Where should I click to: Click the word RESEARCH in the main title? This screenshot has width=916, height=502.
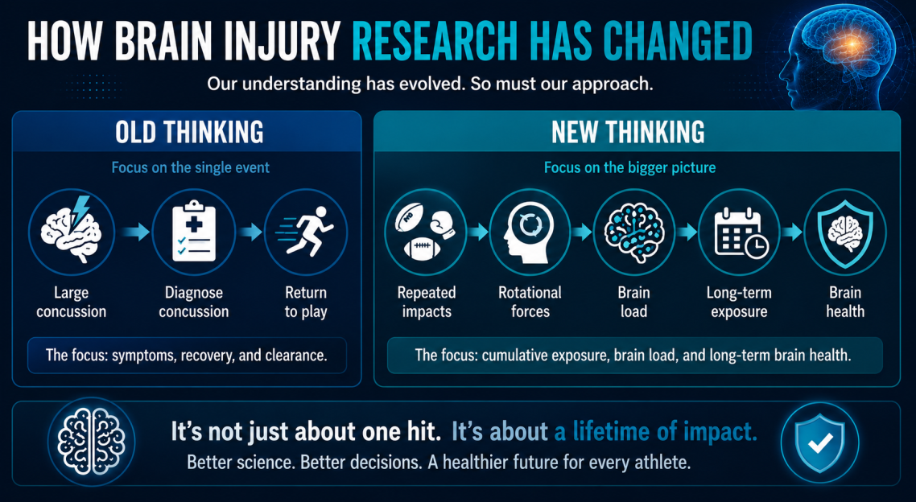435,42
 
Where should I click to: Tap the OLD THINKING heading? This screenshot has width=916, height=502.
189,132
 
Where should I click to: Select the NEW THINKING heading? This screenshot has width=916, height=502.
628,132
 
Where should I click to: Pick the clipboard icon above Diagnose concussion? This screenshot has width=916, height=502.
194,231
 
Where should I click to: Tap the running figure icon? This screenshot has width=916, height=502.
306,231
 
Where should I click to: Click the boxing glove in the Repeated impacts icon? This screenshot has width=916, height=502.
442,224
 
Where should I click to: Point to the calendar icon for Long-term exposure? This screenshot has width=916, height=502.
739,232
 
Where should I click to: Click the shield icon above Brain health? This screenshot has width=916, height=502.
844,231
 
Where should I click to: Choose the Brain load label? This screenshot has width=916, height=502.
633,302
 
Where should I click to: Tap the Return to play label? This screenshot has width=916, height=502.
306,302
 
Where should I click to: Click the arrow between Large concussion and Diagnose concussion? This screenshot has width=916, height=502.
135,232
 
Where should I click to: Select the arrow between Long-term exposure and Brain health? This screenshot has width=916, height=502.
792,232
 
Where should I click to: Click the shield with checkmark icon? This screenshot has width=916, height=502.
820,443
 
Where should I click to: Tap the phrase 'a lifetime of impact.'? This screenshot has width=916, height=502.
655,431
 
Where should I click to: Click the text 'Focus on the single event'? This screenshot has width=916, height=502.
191,167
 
